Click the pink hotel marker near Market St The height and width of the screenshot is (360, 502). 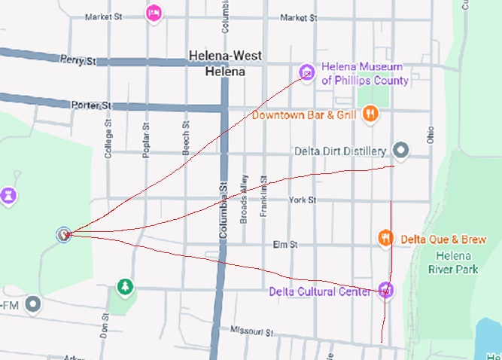(154, 13)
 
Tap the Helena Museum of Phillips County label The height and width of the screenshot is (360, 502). (365, 73)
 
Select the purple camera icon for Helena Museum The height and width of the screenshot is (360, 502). (307, 72)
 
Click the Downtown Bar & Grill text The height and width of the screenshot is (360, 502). (303, 114)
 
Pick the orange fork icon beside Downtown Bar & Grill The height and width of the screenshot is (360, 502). (370, 114)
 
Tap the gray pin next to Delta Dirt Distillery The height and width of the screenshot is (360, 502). (401, 151)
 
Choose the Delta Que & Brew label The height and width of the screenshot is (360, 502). (443, 239)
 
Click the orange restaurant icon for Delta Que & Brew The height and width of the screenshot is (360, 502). (385, 238)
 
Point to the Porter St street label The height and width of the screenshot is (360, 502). (91, 105)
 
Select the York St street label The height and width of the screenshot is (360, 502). (301, 200)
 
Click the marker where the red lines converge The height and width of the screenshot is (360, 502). (64, 234)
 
